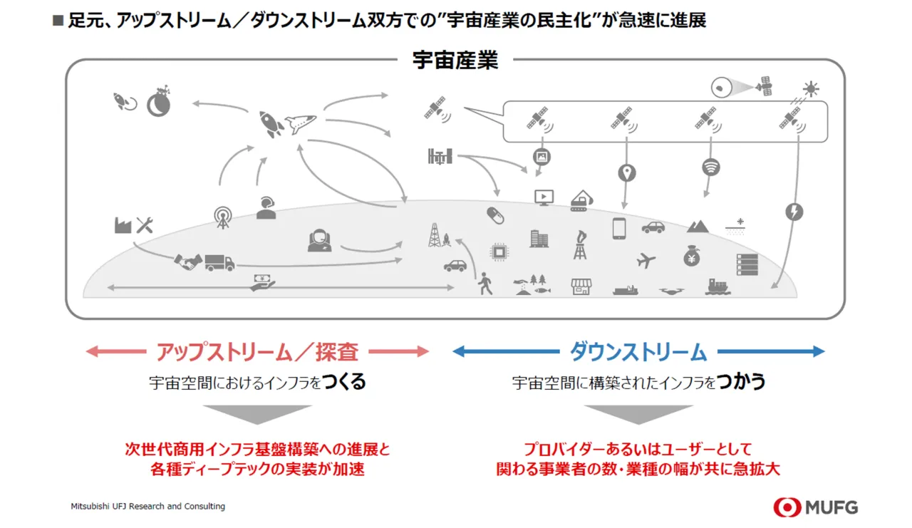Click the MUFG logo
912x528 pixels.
click(x=815, y=507)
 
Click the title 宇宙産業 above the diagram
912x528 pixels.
click(x=455, y=61)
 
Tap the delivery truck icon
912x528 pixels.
click(x=219, y=262)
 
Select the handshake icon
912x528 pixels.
click(x=187, y=262)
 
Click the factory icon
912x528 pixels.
click(x=123, y=225)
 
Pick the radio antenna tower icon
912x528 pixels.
click(x=223, y=217)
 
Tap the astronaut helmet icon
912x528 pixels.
click(x=320, y=239)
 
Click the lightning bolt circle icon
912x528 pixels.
click(x=794, y=212)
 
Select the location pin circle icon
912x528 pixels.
click(x=627, y=172)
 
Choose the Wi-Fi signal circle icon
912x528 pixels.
click(x=710, y=167)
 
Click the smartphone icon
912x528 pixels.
click(x=618, y=228)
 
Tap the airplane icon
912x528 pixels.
click(x=646, y=260)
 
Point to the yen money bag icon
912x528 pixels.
click(x=691, y=256)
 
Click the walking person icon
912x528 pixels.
click(x=485, y=283)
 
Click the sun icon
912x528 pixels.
click(x=810, y=89)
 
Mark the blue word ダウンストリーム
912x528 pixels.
click(x=638, y=351)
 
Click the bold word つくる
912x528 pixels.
click(x=344, y=382)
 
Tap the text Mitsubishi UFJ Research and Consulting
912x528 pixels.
click(x=147, y=507)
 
